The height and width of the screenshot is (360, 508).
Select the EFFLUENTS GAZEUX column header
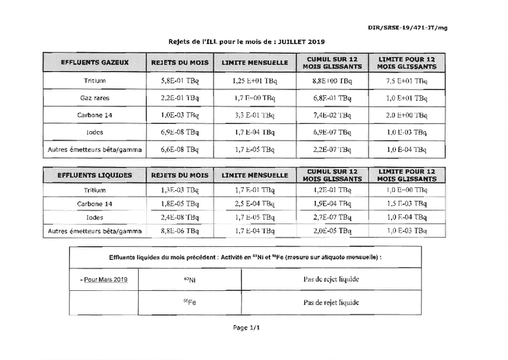(x=95, y=63)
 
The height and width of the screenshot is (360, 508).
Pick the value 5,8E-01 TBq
(x=179, y=81)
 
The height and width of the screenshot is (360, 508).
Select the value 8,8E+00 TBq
(x=332, y=81)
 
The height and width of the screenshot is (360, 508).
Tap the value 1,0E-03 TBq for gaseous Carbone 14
(x=179, y=114)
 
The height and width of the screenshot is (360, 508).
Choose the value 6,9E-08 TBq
(x=179, y=132)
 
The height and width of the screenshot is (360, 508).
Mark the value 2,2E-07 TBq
(x=332, y=150)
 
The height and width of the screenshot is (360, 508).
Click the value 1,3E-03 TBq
(x=179, y=191)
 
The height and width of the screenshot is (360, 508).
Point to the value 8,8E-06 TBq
(x=179, y=231)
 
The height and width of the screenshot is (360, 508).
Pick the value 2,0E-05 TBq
(x=332, y=231)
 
